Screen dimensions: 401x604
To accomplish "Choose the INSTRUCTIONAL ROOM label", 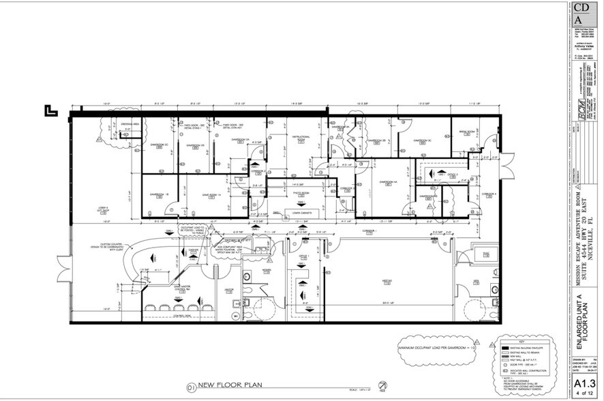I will point(299,138).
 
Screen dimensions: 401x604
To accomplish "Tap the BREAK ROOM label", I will point(466,131).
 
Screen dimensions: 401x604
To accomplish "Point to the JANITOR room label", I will point(229,290).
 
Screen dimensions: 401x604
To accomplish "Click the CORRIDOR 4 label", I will point(489,194).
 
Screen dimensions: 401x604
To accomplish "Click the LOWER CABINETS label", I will point(302,212).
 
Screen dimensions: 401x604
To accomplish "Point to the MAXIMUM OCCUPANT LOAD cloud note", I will point(435,348).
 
